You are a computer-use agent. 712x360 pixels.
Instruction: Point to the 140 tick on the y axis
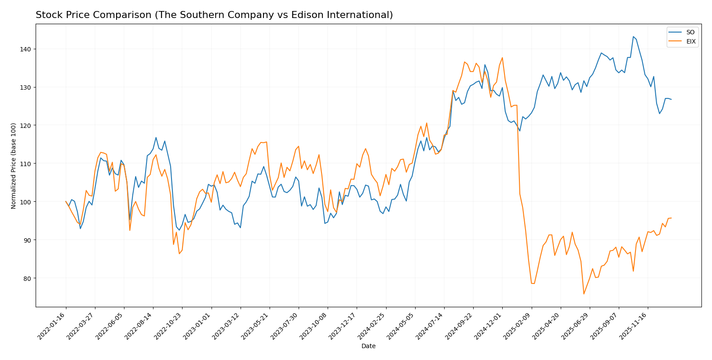click(x=27, y=49)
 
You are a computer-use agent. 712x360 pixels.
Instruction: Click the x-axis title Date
click(x=368, y=346)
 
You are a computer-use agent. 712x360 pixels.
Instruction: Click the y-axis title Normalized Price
click(x=14, y=166)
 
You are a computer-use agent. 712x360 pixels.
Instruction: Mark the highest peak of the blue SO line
click(x=633, y=36)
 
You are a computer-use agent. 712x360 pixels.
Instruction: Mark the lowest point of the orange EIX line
click(x=584, y=294)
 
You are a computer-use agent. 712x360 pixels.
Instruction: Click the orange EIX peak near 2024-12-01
click(x=502, y=58)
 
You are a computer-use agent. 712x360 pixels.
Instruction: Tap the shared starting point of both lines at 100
click(x=66, y=201)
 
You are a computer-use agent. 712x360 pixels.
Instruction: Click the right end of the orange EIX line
click(x=671, y=218)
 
